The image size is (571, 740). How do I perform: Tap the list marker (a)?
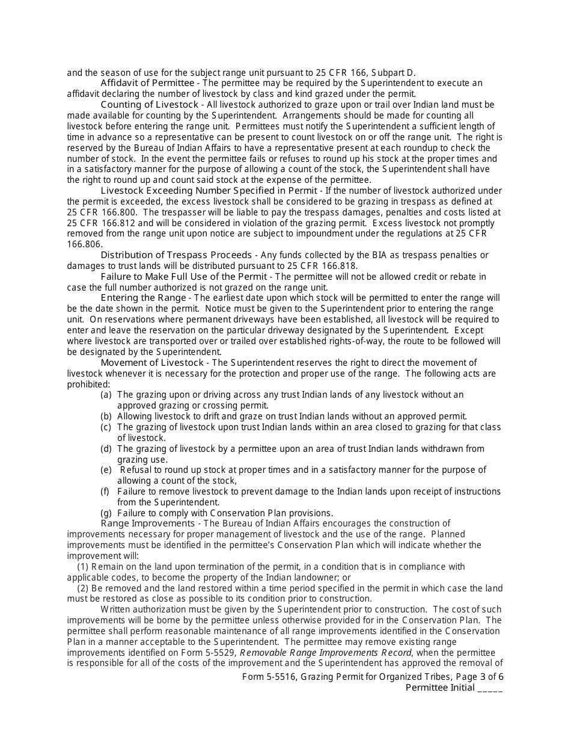click(106, 395)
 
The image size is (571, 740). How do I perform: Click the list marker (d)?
click(106, 449)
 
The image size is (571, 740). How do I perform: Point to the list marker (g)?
click(106, 513)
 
